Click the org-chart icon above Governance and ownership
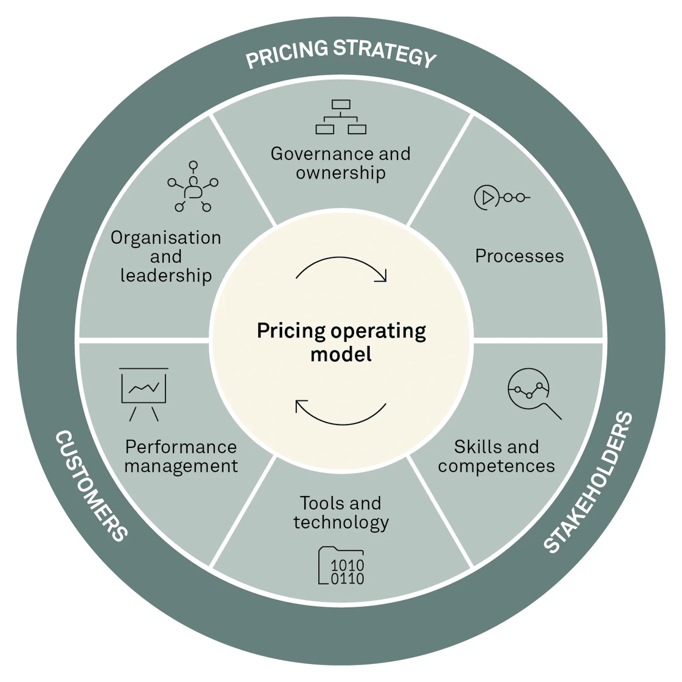(341, 117)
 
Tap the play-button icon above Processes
(502, 197)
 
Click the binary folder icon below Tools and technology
(341, 565)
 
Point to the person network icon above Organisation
(193, 186)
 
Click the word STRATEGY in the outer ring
(384, 53)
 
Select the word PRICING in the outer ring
(287, 54)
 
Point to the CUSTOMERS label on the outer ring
(91, 486)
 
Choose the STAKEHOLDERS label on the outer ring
(588, 482)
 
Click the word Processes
(520, 256)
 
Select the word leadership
(166, 276)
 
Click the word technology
(341, 523)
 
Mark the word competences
(497, 466)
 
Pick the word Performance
(181, 447)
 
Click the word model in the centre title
(341, 354)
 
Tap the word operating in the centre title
(378, 332)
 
